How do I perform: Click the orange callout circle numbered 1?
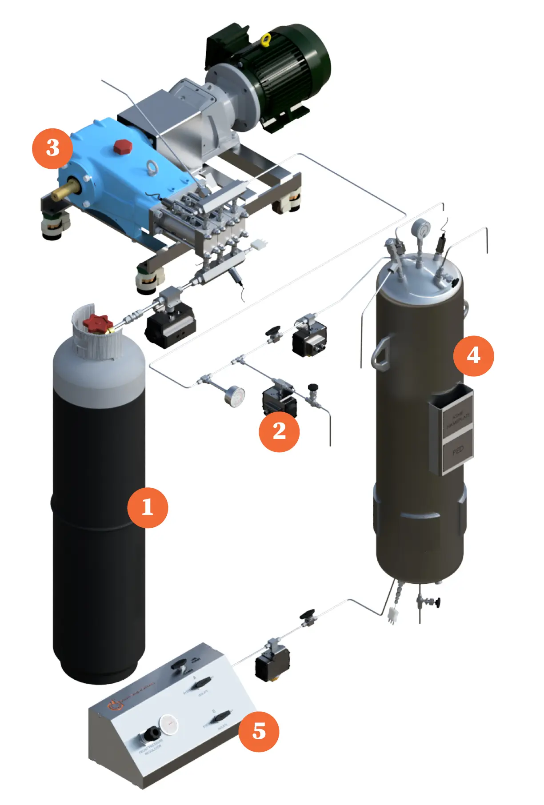tap(148, 507)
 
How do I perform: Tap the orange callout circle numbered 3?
tap(52, 148)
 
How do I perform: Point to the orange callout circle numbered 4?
tap(473, 356)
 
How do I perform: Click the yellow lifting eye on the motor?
tap(266, 40)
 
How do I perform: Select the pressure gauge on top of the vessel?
tap(420, 229)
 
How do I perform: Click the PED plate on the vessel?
tap(458, 450)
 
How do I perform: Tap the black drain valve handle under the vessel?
tap(438, 602)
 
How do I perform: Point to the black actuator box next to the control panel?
tap(272, 665)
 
